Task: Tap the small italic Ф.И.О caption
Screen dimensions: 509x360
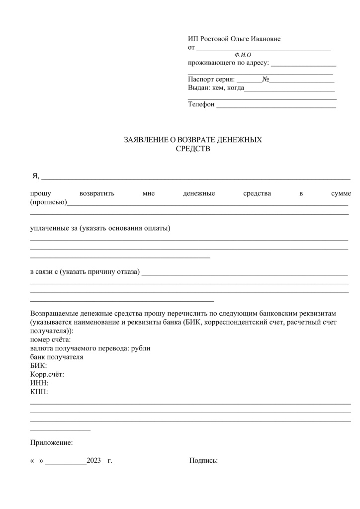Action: (242, 55)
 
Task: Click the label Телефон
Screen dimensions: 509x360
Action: (201, 104)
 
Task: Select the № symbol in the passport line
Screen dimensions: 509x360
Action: (266, 80)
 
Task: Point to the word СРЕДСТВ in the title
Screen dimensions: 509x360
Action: (193, 148)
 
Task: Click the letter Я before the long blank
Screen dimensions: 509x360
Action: (34, 177)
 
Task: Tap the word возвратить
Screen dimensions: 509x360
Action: (97, 193)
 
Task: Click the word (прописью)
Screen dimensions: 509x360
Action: (48, 202)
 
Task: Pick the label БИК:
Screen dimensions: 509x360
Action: (38, 366)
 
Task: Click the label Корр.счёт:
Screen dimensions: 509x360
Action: (47, 374)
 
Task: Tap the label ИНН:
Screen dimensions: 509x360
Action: (39, 383)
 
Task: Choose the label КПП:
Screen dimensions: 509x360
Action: (39, 391)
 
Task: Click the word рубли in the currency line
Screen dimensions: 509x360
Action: (141, 348)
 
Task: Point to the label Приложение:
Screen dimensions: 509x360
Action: (52, 442)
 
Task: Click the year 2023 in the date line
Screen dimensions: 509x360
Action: (94, 461)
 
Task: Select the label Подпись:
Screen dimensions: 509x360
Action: (203, 461)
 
